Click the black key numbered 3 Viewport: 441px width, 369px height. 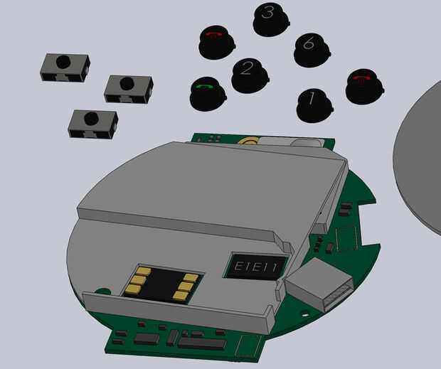tap(271, 19)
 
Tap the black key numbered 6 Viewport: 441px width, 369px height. tap(312, 50)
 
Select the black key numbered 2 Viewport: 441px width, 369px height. tap(250, 75)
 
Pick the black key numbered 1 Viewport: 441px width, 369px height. tap(314, 105)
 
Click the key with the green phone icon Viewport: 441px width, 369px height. tap(208, 94)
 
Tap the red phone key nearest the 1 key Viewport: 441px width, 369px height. tap(365, 87)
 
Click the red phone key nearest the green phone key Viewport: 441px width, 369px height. tap(216, 43)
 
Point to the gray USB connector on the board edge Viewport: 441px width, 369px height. tap(319, 284)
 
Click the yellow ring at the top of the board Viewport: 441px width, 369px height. tap(248, 141)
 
